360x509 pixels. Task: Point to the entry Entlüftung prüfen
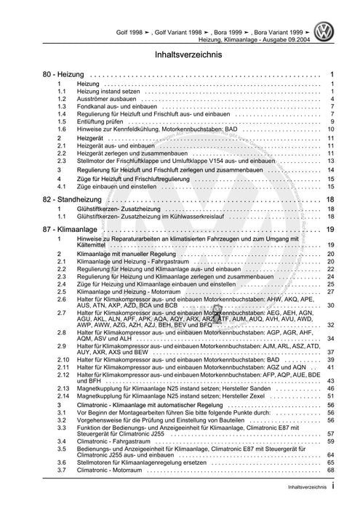[104, 121]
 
